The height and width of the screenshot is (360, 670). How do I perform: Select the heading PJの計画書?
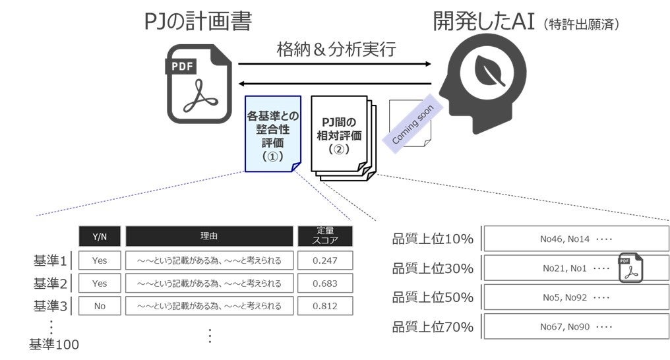coord(197,21)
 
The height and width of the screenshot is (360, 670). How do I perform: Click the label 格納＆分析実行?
coord(336,49)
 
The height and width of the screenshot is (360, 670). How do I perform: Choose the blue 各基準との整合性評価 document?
coord(272,135)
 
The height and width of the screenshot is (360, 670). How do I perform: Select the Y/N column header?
coord(100,236)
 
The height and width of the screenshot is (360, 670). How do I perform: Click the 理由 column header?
coord(209,236)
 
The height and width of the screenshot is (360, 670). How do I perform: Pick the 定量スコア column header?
coord(325,236)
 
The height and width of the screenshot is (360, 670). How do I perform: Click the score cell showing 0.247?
coord(325,260)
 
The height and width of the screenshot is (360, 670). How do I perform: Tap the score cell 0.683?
coord(325,284)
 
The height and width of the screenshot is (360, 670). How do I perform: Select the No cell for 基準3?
coord(100,306)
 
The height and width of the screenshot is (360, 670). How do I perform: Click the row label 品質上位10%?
coord(433,239)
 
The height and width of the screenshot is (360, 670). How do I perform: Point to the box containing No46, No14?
coord(576,239)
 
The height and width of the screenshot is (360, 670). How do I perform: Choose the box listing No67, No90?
coord(576,326)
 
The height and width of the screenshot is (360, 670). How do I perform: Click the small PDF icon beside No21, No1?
coord(630,268)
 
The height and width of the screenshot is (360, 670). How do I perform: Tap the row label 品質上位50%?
coord(433,297)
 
